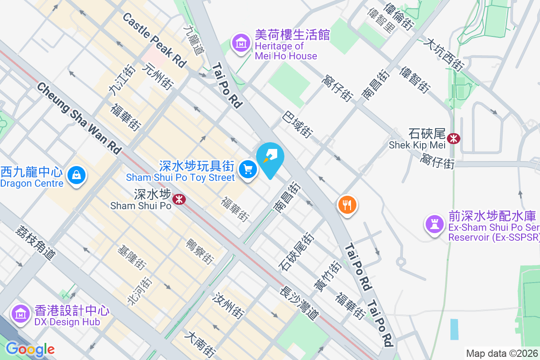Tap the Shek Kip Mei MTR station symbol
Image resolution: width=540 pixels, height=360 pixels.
454,138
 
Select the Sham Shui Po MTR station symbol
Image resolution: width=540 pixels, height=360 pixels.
179,198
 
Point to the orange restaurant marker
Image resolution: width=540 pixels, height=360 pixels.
347,205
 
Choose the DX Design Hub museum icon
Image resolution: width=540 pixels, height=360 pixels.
20,314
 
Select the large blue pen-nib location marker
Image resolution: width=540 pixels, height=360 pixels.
270,157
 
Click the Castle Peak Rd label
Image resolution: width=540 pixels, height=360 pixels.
154,40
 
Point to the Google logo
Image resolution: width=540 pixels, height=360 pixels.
30,349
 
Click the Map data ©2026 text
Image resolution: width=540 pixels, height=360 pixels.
502,353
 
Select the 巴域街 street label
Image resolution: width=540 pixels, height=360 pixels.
297,125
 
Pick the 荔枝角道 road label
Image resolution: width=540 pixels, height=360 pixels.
35,242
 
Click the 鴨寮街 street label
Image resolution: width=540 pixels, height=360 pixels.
200,251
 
